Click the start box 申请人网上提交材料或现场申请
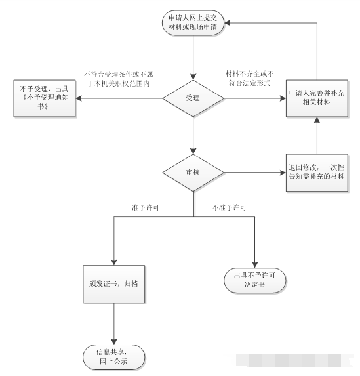193,23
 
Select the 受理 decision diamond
193,98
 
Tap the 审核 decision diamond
193,173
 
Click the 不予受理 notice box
45,98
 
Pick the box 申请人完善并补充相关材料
317,98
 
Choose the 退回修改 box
317,173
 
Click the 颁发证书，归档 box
114,284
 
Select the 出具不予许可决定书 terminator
255,280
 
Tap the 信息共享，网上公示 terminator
114,357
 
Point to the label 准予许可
146,207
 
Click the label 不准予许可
229,207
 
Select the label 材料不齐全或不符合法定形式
250,78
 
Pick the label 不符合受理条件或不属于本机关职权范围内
119,79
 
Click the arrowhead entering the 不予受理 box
79,98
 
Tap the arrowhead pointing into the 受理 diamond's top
193,77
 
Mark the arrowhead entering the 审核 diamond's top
193,151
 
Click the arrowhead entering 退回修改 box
283,173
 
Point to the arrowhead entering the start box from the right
228,23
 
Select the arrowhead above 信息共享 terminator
114,341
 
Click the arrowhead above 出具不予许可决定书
255,264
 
